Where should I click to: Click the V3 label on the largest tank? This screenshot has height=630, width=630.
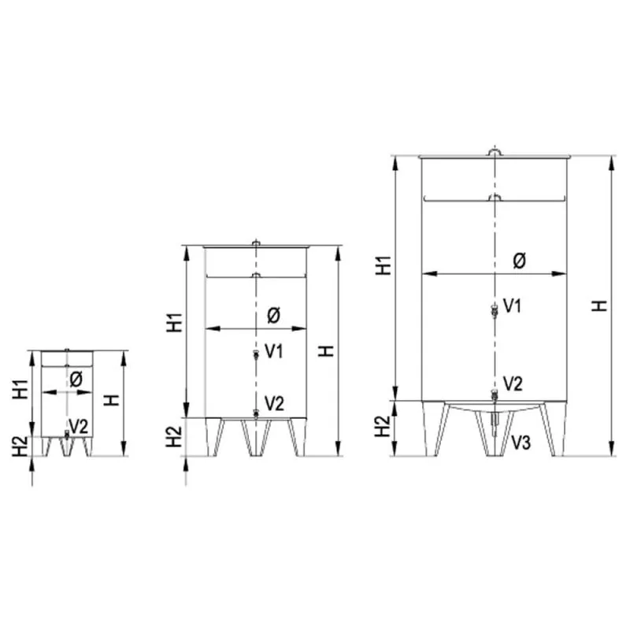tap(521, 442)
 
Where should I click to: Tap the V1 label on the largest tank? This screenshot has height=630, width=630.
tap(513, 306)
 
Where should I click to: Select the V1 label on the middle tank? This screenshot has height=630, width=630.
tap(274, 351)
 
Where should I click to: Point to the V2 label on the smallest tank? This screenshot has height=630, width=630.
tap(79, 426)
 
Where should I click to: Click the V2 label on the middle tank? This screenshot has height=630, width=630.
tap(274, 403)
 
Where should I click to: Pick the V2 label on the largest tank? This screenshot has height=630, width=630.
tap(513, 384)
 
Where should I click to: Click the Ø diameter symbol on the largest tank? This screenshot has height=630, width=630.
tap(519, 261)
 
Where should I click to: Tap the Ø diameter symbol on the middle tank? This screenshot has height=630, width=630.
tap(273, 316)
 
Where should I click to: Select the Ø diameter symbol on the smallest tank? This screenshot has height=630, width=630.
tap(76, 379)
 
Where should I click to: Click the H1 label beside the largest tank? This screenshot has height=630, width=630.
tap(384, 265)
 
